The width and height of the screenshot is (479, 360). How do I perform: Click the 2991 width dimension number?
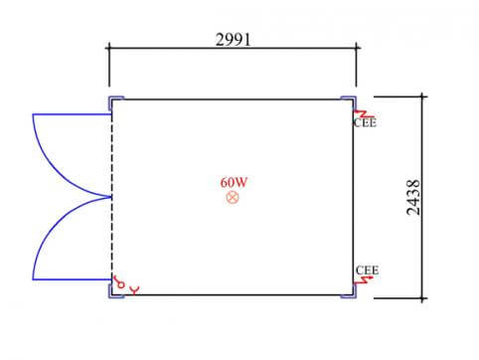pos(233,40)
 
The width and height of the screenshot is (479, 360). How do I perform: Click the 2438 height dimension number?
pos(413,198)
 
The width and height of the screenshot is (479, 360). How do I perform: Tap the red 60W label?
pos(234,182)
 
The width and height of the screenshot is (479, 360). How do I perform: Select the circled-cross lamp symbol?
pos(233,198)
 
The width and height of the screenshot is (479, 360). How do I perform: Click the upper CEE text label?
pos(365,123)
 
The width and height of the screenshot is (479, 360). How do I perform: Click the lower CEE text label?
pos(367,270)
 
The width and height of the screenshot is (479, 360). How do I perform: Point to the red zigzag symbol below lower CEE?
pos(364,280)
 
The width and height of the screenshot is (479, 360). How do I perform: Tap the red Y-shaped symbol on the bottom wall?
pos(134,290)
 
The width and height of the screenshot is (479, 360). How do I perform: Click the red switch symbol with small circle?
pos(118,282)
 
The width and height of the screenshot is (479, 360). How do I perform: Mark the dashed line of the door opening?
pos(111,196)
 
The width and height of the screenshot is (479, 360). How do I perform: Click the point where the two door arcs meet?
pos(110,197)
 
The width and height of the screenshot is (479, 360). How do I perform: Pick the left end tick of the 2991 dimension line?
pos(109,48)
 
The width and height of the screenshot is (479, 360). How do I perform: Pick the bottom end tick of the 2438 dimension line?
pos(422,298)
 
